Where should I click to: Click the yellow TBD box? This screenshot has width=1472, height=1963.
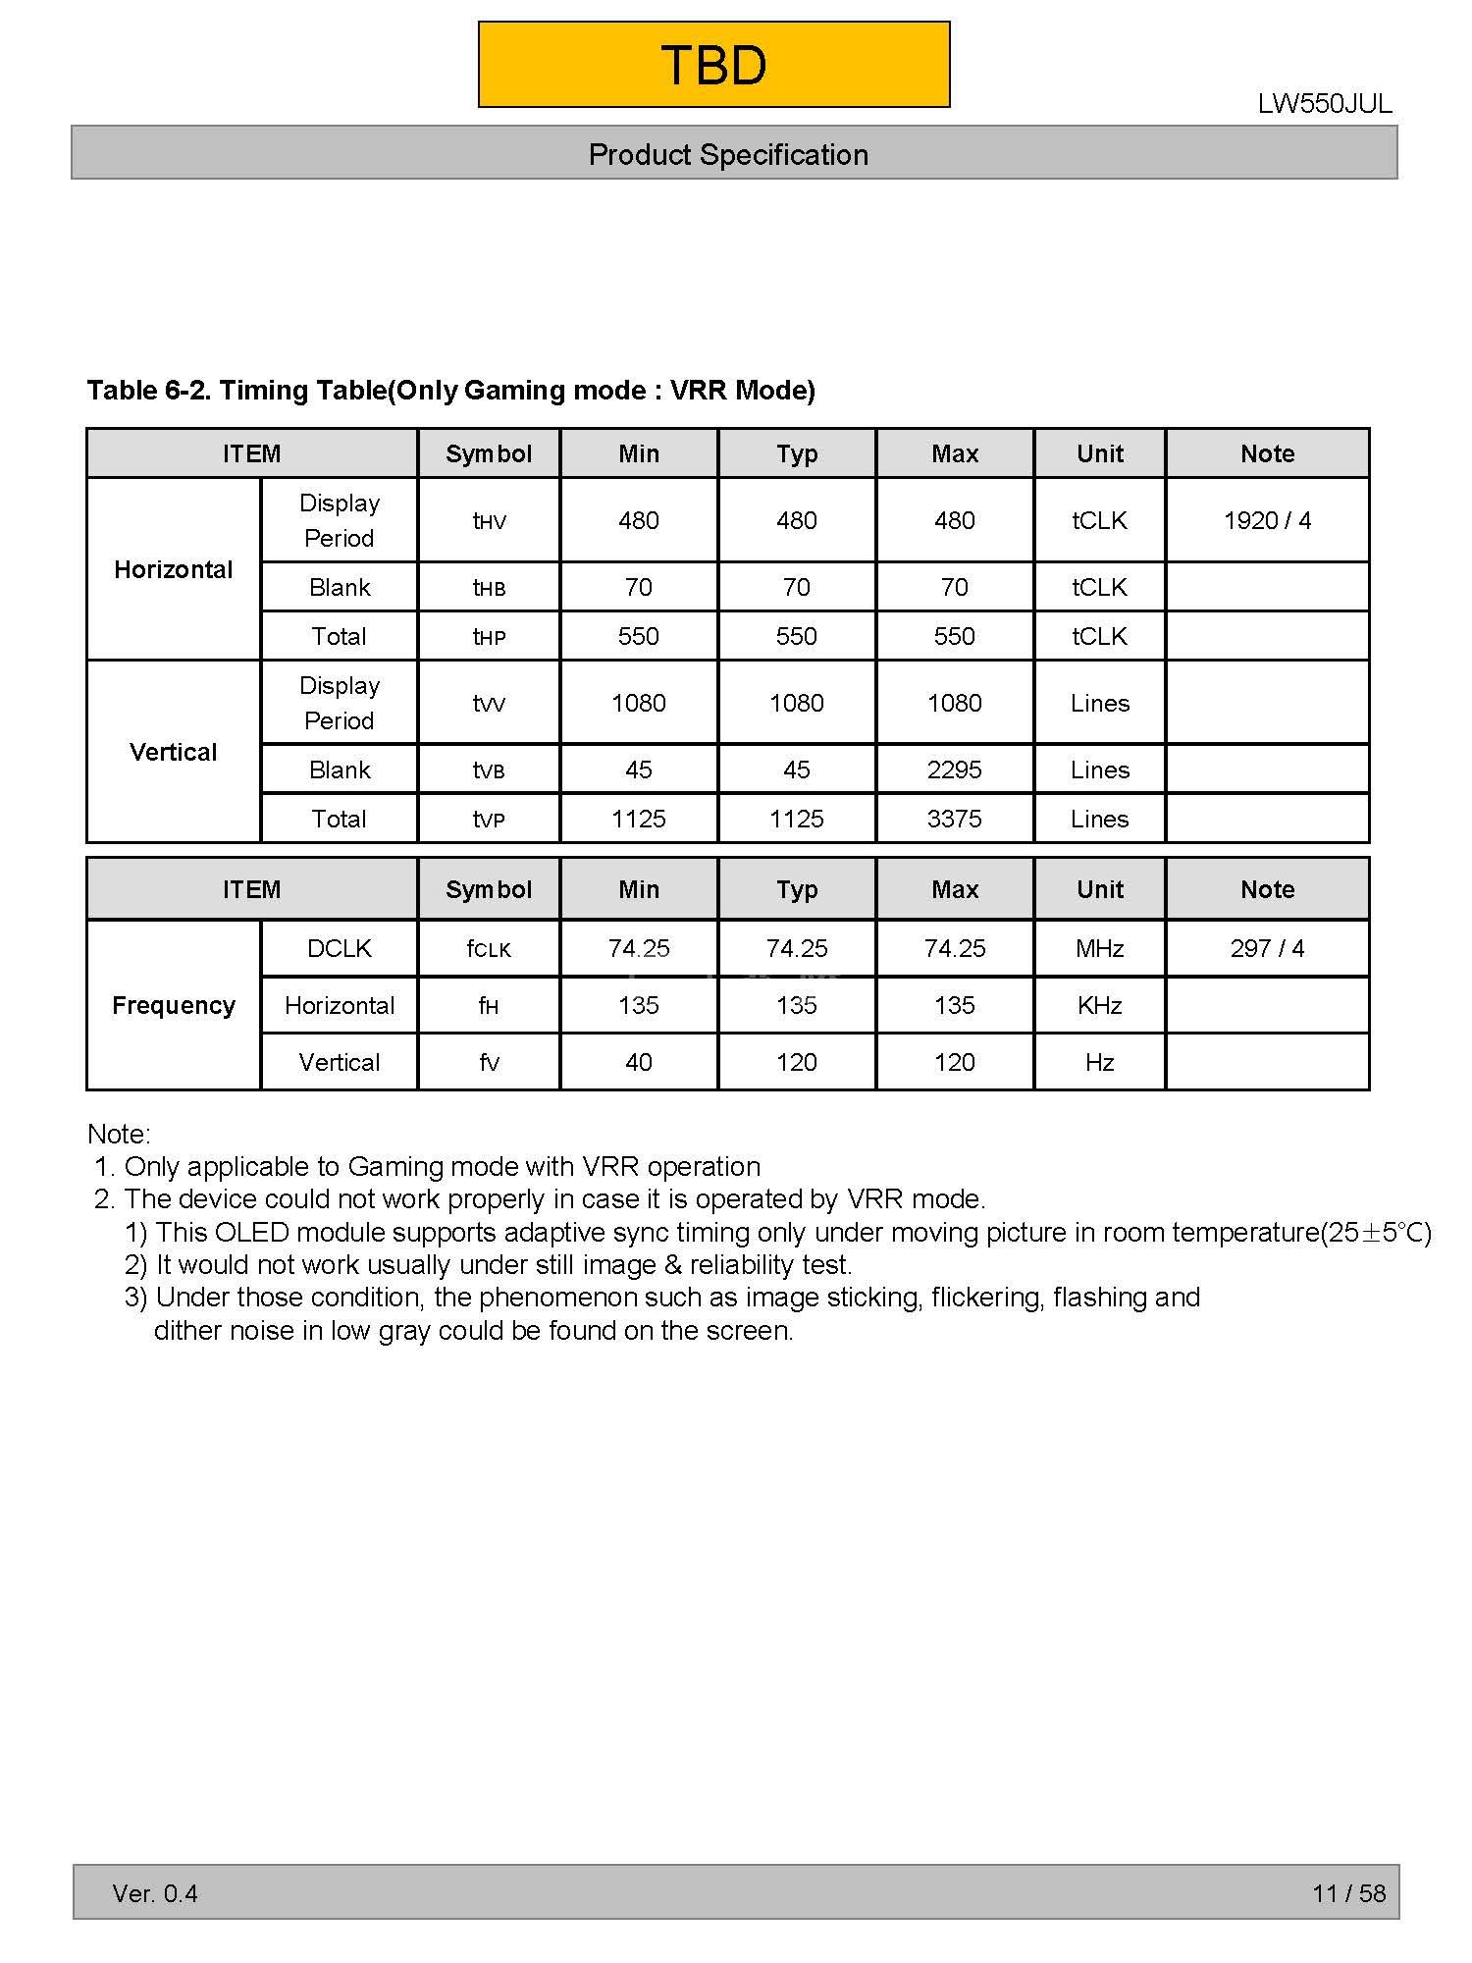pyautogui.click(x=713, y=65)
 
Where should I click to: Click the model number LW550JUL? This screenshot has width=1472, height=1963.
pyautogui.click(x=1324, y=104)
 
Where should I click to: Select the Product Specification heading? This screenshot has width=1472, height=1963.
pyautogui.click(x=728, y=154)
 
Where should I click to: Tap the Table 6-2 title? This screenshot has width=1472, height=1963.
pyautogui.click(x=450, y=390)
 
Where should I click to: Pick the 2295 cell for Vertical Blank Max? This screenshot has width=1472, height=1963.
pyautogui.click(x=954, y=769)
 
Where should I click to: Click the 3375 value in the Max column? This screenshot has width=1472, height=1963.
pyautogui.click(x=954, y=819)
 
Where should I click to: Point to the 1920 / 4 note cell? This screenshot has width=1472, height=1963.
pyautogui.click(x=1267, y=520)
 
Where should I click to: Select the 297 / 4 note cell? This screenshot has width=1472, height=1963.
pyautogui.click(x=1267, y=948)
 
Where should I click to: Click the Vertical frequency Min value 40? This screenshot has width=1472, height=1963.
pyautogui.click(x=638, y=1062)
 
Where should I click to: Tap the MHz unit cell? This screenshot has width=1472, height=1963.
pyautogui.click(x=1099, y=948)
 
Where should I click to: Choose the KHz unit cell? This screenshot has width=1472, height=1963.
pyautogui.click(x=1099, y=1005)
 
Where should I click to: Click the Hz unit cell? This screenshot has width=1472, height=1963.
pyautogui.click(x=1099, y=1062)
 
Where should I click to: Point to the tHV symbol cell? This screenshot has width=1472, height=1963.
pyautogui.click(x=489, y=521)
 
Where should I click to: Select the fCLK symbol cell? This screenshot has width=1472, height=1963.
pyautogui.click(x=489, y=949)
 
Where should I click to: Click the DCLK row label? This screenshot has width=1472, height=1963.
pyautogui.click(x=339, y=948)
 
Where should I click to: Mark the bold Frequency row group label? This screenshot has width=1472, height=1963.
pyautogui.click(x=174, y=1005)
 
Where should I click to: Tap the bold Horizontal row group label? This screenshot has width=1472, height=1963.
pyautogui.click(x=174, y=569)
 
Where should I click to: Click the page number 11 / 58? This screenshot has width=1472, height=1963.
pyautogui.click(x=1348, y=1893)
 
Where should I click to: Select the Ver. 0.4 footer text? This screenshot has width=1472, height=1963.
pyautogui.click(x=155, y=1893)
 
